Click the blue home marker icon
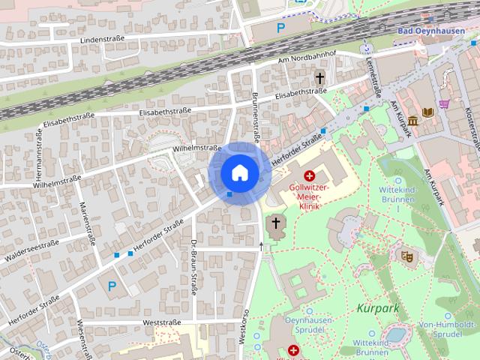click(x=239, y=172)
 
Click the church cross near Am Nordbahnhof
click(x=319, y=77)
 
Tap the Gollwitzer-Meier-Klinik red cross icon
click(x=309, y=175)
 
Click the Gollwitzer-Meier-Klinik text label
click(x=310, y=196)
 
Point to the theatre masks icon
click(x=408, y=256)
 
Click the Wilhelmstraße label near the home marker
click(x=196, y=148)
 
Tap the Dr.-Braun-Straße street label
click(x=193, y=266)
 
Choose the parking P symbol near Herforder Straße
click(x=112, y=285)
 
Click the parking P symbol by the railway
click(x=281, y=28)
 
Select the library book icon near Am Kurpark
click(x=428, y=112)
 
